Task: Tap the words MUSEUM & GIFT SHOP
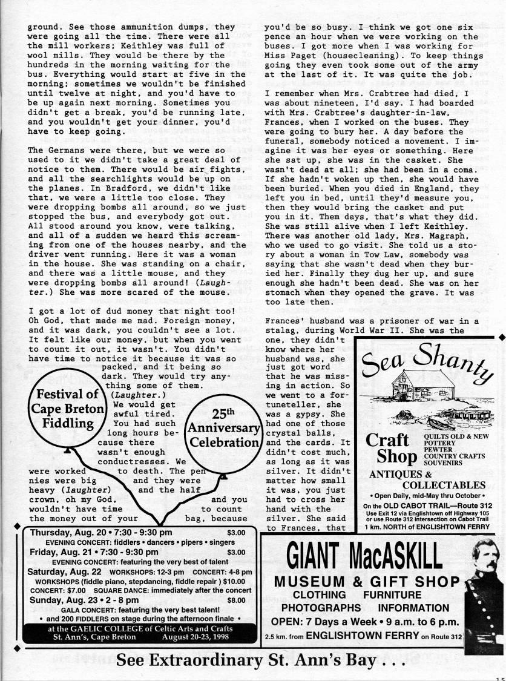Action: (367, 582)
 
